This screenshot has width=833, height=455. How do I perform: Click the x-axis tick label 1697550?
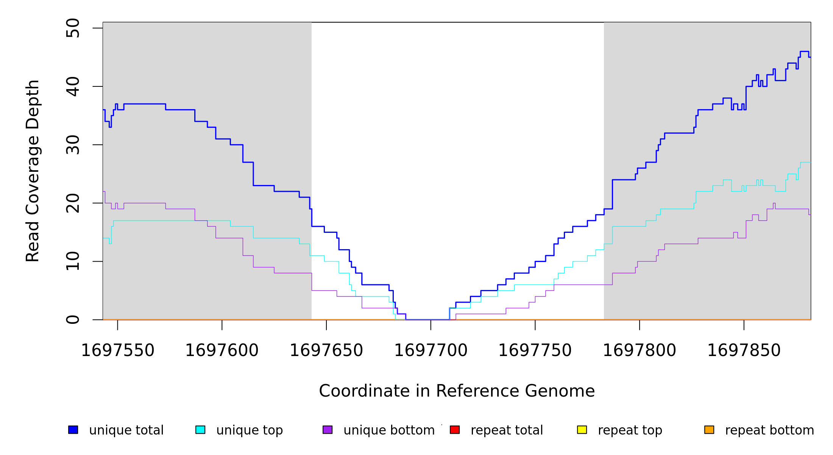pyautogui.click(x=118, y=351)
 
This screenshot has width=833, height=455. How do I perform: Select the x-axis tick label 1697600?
pyautogui.click(x=222, y=351)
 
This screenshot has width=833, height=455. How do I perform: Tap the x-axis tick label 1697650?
pyautogui.click(x=326, y=351)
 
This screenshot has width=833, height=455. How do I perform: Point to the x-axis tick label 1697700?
pyautogui.click(x=431, y=351)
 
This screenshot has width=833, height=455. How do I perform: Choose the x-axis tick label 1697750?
pyautogui.click(x=535, y=351)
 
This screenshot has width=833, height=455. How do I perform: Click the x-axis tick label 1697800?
pyautogui.click(x=640, y=351)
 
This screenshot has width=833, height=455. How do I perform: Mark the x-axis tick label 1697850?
pyautogui.click(x=744, y=351)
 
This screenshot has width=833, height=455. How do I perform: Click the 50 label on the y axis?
pyautogui.click(x=73, y=28)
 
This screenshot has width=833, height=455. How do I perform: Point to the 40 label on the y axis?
pyautogui.click(x=73, y=86)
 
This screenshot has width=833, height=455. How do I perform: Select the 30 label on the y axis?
pyautogui.click(x=73, y=145)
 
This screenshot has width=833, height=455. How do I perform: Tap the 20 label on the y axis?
pyautogui.click(x=73, y=203)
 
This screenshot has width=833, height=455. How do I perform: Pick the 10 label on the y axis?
pyautogui.click(x=73, y=261)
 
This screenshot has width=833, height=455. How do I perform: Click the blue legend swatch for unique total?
pyautogui.click(x=73, y=430)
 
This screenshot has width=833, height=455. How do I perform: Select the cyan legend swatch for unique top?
pyautogui.click(x=200, y=430)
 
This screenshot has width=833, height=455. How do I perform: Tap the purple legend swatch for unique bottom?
pyautogui.click(x=328, y=430)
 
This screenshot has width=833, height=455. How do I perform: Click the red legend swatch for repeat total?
pyautogui.click(x=455, y=430)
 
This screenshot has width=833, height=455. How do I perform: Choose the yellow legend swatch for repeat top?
pyautogui.click(x=582, y=430)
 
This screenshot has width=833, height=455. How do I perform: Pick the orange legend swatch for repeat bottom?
pyautogui.click(x=709, y=430)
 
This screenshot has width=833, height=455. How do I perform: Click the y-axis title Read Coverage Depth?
pyautogui.click(x=33, y=171)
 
